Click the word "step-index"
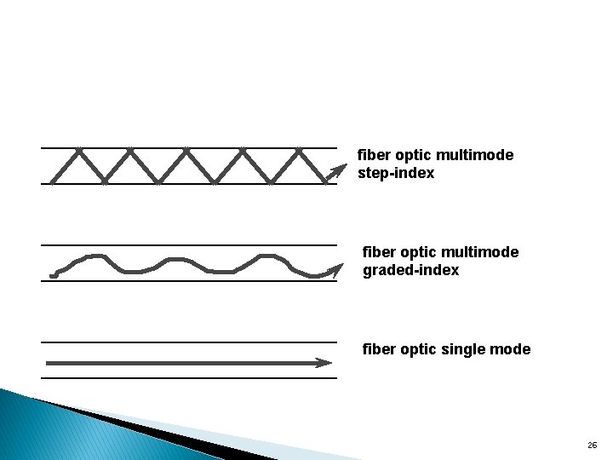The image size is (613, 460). click(x=397, y=174)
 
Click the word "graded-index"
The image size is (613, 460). click(x=411, y=270)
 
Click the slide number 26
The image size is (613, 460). click(x=592, y=446)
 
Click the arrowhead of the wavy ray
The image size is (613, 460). click(x=333, y=271)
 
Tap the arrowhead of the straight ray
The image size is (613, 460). click(x=325, y=363)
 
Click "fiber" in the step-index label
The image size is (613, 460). click(x=371, y=156)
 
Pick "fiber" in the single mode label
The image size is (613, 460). click(x=377, y=349)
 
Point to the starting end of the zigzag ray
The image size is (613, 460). click(x=52, y=182)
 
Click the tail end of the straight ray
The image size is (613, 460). click(x=47, y=363)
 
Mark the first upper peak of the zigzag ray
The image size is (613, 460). click(x=78, y=151)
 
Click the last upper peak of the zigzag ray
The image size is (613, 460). click(x=299, y=151)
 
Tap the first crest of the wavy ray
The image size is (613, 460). click(x=95, y=256)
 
